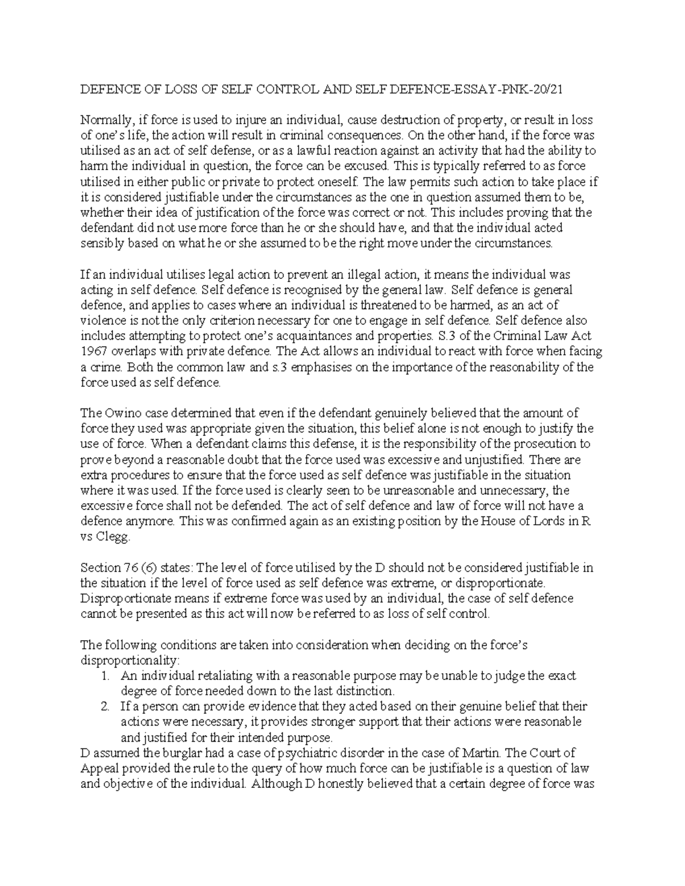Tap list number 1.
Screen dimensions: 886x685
coord(104,676)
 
